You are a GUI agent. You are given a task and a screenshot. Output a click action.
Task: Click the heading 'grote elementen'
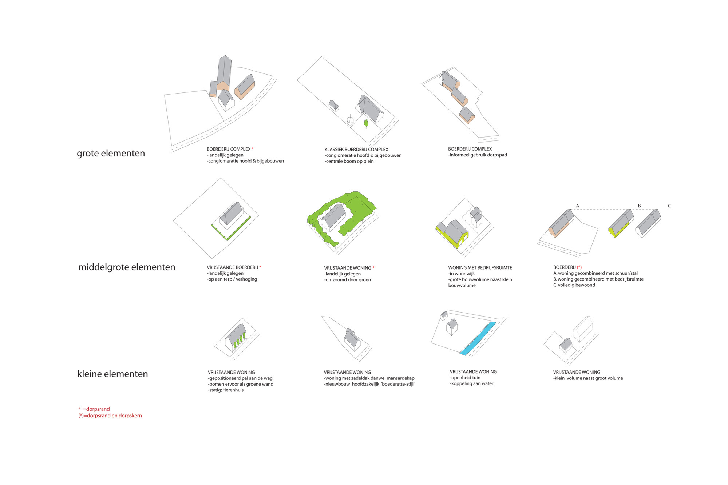click(x=111, y=153)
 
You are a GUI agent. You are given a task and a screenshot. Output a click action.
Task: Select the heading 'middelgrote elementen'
click(x=127, y=267)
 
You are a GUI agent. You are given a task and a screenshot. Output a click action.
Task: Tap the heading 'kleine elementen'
click(x=112, y=374)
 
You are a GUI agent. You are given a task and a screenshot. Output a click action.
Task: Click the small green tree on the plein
click(x=366, y=123)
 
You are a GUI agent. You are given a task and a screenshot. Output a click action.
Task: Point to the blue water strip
click(x=478, y=338)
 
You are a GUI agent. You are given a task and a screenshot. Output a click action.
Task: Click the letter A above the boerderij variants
click(x=577, y=206)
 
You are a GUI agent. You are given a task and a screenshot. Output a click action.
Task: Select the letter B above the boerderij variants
click(x=639, y=206)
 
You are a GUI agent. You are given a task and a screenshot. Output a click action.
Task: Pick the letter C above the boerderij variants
click(x=669, y=206)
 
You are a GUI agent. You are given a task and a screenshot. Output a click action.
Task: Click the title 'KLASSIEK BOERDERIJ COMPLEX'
click(x=356, y=150)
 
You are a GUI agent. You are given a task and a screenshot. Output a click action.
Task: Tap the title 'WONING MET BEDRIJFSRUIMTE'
click(x=480, y=268)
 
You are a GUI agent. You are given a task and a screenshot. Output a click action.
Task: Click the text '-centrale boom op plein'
click(x=349, y=161)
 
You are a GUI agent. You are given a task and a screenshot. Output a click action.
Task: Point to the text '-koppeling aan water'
click(x=471, y=383)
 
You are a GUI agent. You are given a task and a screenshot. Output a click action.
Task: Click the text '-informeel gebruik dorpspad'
click(x=478, y=155)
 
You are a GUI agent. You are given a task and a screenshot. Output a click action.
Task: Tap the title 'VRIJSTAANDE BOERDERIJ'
click(x=232, y=267)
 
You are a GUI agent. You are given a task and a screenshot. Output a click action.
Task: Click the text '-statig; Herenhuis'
click(x=226, y=390)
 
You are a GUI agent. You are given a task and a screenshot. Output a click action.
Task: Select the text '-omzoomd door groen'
click(x=348, y=280)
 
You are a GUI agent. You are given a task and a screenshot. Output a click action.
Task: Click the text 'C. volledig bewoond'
click(x=574, y=285)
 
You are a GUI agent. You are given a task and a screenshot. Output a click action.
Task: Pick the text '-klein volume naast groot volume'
click(x=588, y=378)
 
